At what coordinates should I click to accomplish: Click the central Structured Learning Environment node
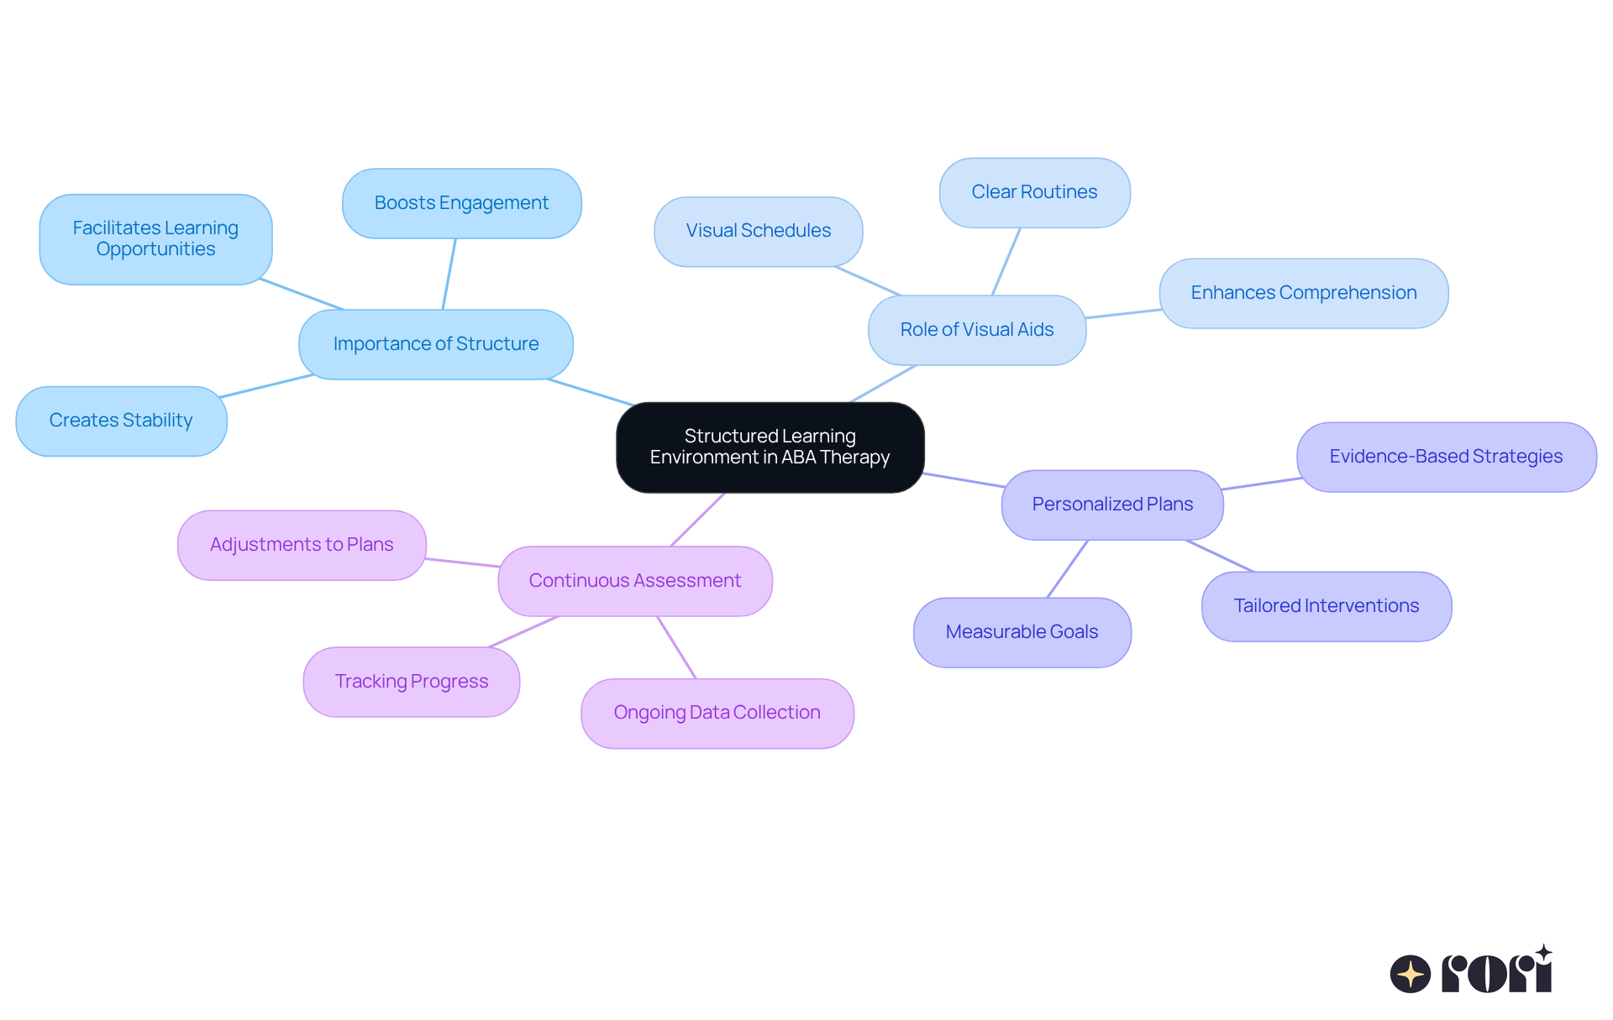(x=770, y=447)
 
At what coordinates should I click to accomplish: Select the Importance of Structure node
(x=435, y=344)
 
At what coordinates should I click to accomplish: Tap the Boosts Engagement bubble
(x=461, y=203)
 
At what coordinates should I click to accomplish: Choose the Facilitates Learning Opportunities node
(x=155, y=239)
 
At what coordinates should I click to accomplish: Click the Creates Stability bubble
(x=121, y=421)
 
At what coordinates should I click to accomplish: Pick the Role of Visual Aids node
(x=976, y=330)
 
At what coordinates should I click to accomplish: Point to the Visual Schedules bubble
(x=758, y=231)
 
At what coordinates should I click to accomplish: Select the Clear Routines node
(x=1034, y=192)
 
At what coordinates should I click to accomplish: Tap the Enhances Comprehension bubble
(x=1303, y=293)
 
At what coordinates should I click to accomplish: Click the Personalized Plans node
(x=1112, y=505)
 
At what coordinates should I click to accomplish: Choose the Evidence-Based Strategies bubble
(x=1446, y=457)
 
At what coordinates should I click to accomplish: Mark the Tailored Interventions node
(x=1326, y=606)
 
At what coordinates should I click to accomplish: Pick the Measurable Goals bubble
(x=1022, y=632)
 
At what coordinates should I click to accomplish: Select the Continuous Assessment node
(x=634, y=581)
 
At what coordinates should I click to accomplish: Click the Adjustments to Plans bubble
(x=302, y=545)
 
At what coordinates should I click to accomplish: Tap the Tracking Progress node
(x=411, y=682)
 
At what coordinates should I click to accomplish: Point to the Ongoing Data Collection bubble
(x=717, y=713)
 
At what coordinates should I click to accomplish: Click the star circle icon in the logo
(x=1410, y=974)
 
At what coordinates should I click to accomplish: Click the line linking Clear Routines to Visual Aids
(x=1006, y=261)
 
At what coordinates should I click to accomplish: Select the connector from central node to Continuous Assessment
(x=697, y=520)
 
